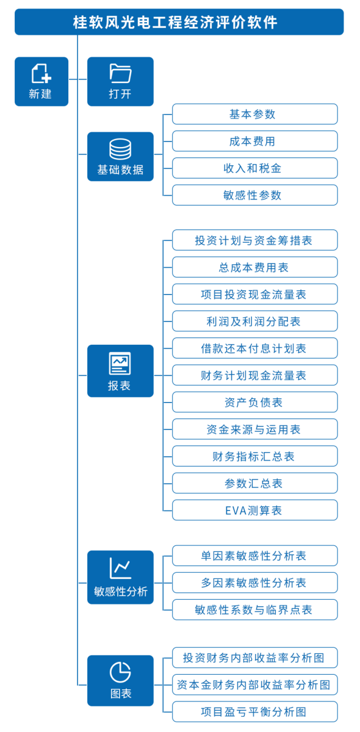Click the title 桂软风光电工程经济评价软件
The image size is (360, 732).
[x=175, y=22]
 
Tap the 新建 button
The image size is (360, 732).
[x=41, y=81]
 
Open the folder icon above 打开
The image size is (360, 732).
[x=120, y=73]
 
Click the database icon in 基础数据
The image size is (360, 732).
[x=120, y=149]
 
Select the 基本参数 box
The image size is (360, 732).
[x=254, y=114]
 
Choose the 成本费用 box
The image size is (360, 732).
[x=254, y=141]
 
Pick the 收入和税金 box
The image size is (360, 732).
[x=254, y=168]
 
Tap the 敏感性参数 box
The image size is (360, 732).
[x=254, y=195]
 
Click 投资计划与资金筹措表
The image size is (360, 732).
[x=254, y=240]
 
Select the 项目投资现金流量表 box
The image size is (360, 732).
[x=254, y=294]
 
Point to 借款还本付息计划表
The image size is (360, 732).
[x=254, y=348]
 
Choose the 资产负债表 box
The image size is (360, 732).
[x=254, y=402]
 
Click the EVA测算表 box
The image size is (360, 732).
[x=254, y=510]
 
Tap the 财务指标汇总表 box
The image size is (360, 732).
[x=254, y=456]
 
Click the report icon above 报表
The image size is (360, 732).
[x=120, y=363]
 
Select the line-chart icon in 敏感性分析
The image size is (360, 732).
[x=120, y=568]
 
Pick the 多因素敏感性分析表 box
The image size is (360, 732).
[x=254, y=583]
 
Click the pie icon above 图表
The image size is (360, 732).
[x=120, y=672]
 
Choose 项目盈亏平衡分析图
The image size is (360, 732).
[x=254, y=711]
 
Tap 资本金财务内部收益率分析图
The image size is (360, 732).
[x=254, y=684]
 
